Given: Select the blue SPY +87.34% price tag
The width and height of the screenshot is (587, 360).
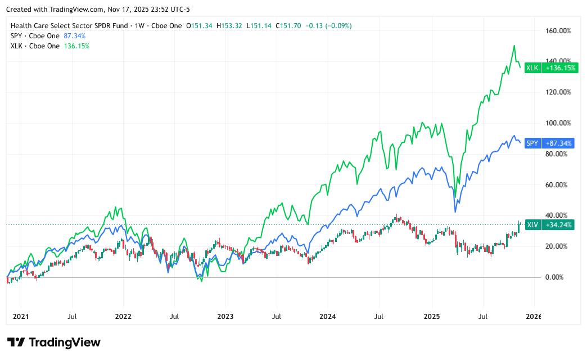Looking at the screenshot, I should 550,143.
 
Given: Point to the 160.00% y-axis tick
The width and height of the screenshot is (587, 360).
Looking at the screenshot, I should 558,31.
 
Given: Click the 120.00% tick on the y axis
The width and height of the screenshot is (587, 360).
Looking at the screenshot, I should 558,92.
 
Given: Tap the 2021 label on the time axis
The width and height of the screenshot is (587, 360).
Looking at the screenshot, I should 20,317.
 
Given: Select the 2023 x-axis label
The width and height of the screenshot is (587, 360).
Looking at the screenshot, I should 225,317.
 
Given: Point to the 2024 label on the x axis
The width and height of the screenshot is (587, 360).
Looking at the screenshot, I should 328,317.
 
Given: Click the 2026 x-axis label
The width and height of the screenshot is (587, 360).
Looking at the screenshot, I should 533,317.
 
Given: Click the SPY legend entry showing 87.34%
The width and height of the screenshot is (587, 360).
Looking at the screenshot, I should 48,36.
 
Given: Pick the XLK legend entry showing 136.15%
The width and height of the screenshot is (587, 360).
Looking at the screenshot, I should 49,46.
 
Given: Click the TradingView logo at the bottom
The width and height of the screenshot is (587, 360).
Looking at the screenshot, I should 53,342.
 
